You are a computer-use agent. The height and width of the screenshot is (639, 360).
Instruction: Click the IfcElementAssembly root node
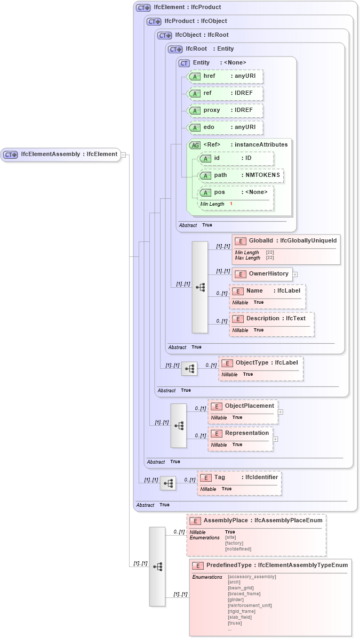(61, 155)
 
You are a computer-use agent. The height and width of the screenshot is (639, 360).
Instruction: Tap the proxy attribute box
(226, 110)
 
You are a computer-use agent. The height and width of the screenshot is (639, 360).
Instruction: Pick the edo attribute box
(226, 127)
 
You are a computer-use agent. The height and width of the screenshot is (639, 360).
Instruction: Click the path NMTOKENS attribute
(241, 175)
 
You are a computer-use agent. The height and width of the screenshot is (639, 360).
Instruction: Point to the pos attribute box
(235, 192)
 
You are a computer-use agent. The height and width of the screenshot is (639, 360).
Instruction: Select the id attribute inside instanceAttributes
(235, 158)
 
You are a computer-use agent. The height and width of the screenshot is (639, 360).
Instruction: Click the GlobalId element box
(286, 241)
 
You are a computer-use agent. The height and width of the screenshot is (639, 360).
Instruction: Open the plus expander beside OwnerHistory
(295, 274)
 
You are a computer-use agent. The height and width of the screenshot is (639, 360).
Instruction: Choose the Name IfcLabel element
(267, 291)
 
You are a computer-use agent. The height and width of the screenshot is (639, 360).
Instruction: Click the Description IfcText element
(271, 319)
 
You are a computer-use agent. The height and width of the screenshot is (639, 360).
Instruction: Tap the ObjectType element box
(261, 363)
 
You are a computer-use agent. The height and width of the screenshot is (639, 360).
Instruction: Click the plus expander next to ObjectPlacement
(281, 412)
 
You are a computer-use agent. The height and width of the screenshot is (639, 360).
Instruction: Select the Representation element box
(241, 433)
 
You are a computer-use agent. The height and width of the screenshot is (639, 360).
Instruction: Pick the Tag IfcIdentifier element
(239, 478)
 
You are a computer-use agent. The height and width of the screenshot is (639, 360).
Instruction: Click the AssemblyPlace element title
(257, 520)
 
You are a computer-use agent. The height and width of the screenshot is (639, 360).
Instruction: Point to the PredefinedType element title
(270, 565)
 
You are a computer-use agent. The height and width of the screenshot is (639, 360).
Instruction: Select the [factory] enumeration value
(235, 543)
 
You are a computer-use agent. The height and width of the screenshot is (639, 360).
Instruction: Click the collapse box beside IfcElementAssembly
(123, 155)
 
